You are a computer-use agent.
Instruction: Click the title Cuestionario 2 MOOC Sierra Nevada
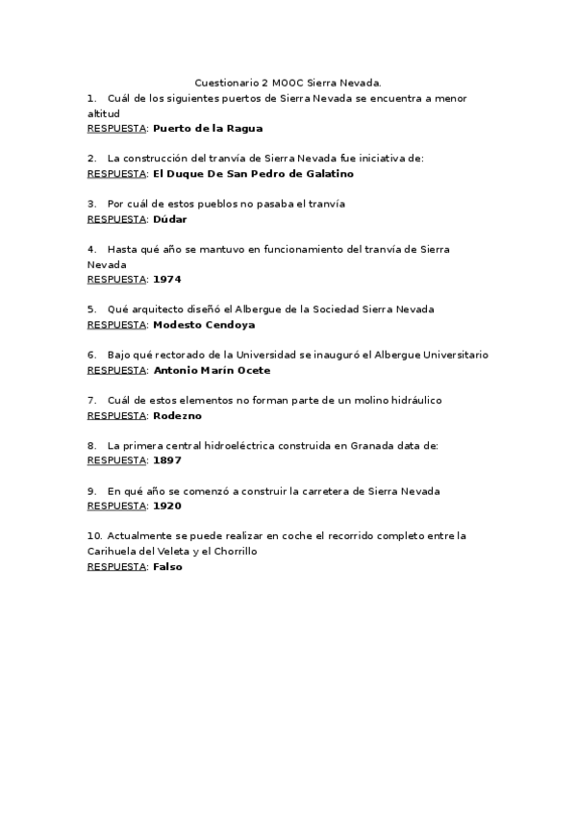coord(288,84)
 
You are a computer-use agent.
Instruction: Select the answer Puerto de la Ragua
coord(208,128)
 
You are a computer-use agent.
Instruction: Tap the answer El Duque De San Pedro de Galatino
coord(253,174)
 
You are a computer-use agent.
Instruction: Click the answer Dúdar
coord(169,219)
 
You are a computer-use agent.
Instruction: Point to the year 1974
coord(166,279)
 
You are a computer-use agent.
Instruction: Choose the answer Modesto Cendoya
coord(204,325)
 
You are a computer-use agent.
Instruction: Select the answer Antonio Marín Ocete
coord(212,370)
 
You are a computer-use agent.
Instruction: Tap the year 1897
coord(166,460)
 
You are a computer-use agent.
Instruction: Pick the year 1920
coord(166,506)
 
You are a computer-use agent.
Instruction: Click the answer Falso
coord(167,566)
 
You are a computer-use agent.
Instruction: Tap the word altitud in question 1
coord(103,113)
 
